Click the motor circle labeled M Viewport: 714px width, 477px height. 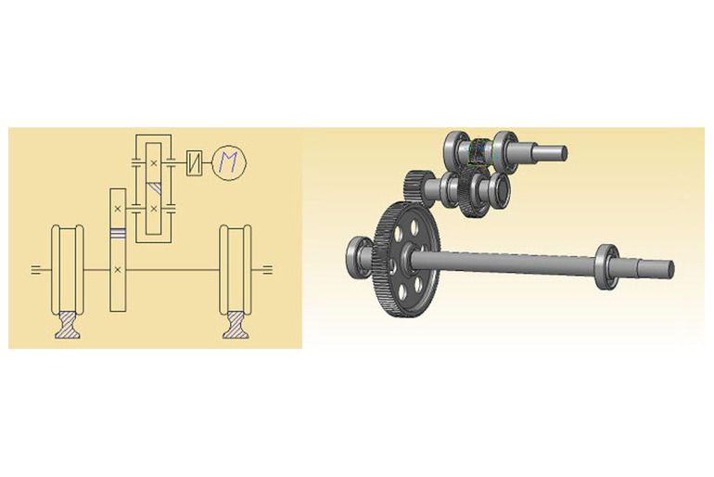tap(229, 162)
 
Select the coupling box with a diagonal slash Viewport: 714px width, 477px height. tap(195, 162)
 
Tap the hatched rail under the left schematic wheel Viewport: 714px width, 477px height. tap(68, 325)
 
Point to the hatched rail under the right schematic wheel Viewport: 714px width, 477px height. tap(236, 325)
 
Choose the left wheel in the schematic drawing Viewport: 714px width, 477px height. tap(68, 270)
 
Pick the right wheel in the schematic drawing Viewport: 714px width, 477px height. tap(236, 270)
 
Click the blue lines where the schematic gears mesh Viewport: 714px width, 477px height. tap(118, 233)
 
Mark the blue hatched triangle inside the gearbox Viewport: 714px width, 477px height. tap(155, 187)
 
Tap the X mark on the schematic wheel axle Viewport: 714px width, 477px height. tap(118, 270)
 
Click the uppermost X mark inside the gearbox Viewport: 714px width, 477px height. tap(153, 162)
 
